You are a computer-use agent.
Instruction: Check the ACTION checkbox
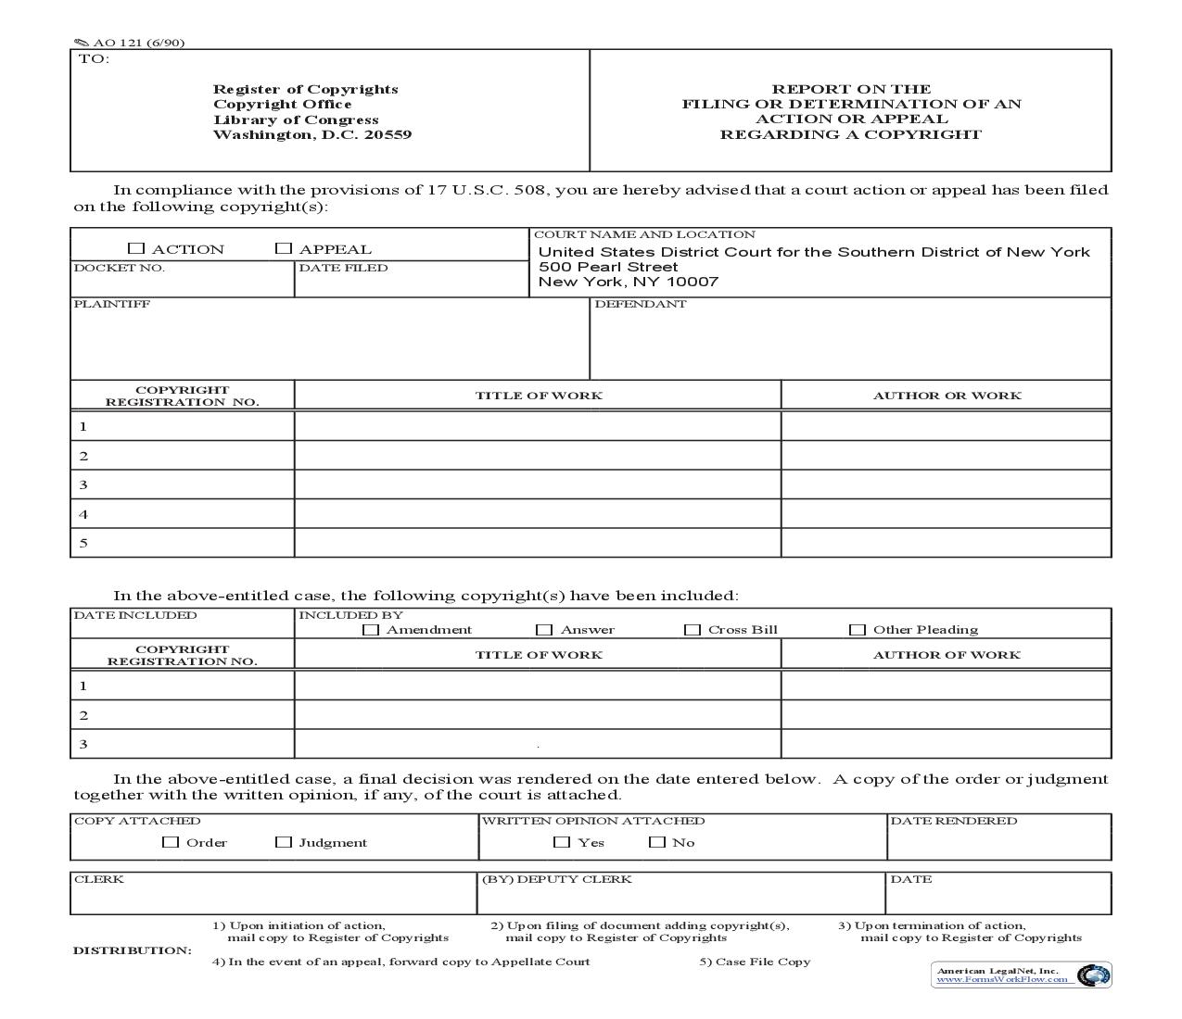pyautogui.click(x=136, y=248)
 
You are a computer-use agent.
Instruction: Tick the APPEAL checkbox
pyautogui.click(x=284, y=248)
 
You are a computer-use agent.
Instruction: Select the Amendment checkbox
pyautogui.click(x=371, y=630)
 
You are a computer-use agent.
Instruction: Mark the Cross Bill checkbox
pyautogui.click(x=693, y=630)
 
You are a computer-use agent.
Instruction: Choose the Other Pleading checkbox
pyautogui.click(x=858, y=630)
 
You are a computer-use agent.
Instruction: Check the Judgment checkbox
pyautogui.click(x=284, y=842)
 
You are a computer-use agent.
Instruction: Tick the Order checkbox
pyautogui.click(x=171, y=842)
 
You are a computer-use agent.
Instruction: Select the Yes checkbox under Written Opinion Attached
pyautogui.click(x=562, y=842)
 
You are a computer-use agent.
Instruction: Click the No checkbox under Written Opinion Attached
pyautogui.click(x=657, y=842)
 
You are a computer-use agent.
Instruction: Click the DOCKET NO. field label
pyautogui.click(x=120, y=268)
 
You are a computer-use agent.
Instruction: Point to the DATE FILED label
pyautogui.click(x=343, y=268)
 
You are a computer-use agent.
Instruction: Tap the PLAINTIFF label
pyautogui.click(x=111, y=304)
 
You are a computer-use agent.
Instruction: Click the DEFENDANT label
pyautogui.click(x=641, y=304)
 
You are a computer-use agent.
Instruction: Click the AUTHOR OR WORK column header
pyautogui.click(x=947, y=396)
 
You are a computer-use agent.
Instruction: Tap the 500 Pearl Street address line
pyautogui.click(x=608, y=267)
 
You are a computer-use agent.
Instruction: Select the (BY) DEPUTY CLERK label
pyautogui.click(x=556, y=879)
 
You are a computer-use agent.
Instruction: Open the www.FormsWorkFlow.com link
pyautogui.click(x=1002, y=979)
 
